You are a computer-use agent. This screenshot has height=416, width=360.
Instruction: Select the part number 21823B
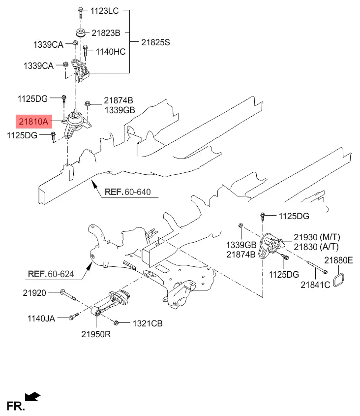tap(105, 33)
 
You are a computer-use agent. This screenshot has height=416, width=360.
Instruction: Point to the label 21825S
tap(155, 43)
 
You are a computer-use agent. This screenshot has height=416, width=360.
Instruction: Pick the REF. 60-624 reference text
tap(54, 274)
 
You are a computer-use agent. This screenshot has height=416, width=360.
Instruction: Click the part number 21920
tap(34, 293)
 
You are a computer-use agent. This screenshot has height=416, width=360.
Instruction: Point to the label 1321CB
tap(147, 323)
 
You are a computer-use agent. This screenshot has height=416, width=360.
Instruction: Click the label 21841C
tap(316, 285)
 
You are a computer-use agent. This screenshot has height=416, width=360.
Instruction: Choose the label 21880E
tap(338, 260)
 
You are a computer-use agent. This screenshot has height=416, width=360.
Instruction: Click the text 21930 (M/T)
tap(317, 237)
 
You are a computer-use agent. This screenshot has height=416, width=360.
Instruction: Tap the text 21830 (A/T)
tap(317, 246)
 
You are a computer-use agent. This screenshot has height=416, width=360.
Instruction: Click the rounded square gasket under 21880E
tap(339, 281)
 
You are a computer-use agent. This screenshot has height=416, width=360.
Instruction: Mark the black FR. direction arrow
tap(33, 395)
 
